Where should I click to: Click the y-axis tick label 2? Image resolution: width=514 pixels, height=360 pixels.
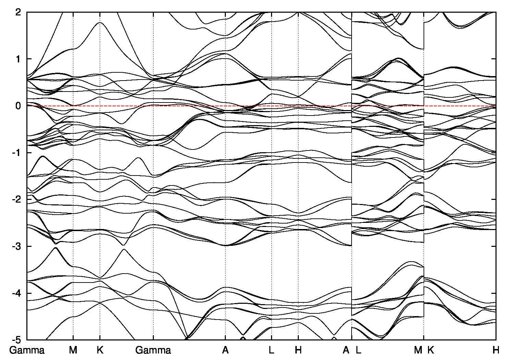click(19, 12)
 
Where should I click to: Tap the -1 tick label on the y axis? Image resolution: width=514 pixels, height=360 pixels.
click(17, 153)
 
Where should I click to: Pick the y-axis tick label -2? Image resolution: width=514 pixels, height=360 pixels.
click(17, 200)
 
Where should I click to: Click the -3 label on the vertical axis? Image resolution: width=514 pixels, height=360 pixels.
click(17, 246)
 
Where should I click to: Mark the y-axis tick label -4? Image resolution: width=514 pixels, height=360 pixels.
click(17, 293)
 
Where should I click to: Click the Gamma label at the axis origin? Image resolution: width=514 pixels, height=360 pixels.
click(27, 350)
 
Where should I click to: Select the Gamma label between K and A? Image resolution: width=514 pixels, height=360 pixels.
click(153, 350)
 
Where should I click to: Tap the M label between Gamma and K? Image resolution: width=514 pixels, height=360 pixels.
click(73, 350)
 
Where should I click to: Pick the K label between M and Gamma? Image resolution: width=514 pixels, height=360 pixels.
click(100, 350)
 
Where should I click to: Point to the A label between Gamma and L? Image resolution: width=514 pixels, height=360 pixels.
click(225, 350)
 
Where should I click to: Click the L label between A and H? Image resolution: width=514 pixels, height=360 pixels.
click(271, 350)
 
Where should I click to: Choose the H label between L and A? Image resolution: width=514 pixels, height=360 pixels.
click(298, 350)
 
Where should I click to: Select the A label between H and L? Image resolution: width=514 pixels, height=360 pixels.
click(346, 350)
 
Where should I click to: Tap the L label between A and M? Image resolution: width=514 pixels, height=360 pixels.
click(358, 350)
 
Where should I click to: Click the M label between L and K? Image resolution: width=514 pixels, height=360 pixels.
click(418, 350)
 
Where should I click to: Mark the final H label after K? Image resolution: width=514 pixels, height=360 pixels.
click(496, 350)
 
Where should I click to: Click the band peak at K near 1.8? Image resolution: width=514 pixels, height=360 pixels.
click(100, 23)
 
